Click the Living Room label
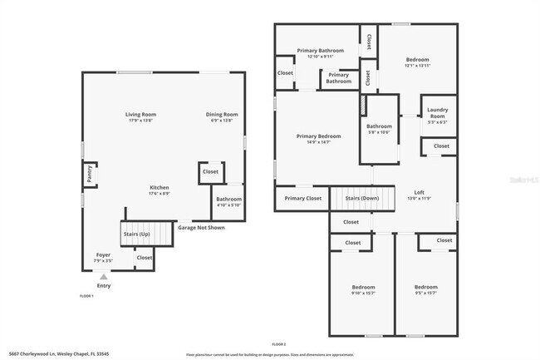coord(140,115)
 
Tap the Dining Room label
coord(222,115)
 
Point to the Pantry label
coord(88,175)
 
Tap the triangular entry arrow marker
coord(103,277)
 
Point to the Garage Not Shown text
coord(201,226)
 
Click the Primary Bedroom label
coord(318,136)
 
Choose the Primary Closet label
coord(302,199)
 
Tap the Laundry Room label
coord(437,113)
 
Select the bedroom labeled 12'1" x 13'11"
coord(417,60)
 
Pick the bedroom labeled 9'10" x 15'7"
coord(362,288)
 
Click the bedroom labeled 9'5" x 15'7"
coord(425,288)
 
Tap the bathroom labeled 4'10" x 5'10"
coord(228,200)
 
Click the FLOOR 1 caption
coord(86,296)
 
